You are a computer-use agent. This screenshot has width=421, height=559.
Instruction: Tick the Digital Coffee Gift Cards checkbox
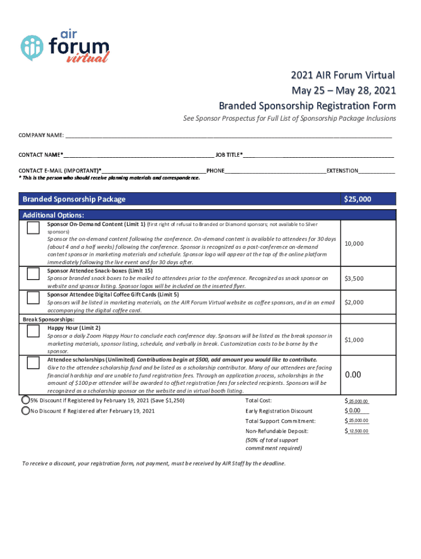pos(33,298)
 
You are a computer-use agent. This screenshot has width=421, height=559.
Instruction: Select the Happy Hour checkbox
pos(33,331)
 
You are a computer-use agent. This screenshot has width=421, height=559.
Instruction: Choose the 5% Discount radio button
pos(25,400)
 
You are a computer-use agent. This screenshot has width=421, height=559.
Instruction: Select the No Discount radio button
pos(25,411)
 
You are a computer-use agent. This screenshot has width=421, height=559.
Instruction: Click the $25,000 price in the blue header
pos(358,199)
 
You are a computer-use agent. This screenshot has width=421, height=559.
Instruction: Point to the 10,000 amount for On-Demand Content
pos(354,243)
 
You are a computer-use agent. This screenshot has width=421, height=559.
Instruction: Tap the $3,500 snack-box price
pos(354,278)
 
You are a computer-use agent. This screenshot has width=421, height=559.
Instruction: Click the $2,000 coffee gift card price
pos(354,302)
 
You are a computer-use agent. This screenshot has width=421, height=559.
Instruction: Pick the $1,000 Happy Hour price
pos(354,340)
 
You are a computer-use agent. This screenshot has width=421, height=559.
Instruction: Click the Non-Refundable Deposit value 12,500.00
pos(359,431)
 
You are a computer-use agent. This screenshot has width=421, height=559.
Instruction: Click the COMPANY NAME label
pos(41,135)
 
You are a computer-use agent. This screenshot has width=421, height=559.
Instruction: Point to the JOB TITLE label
pos(229,155)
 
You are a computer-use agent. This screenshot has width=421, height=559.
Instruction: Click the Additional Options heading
pos(54,215)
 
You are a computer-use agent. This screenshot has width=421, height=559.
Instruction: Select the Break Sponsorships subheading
pos(48,319)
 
